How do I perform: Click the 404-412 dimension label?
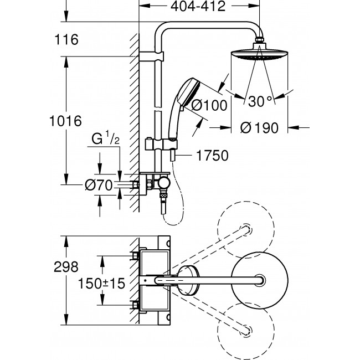(198, 6)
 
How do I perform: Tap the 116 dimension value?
(66, 39)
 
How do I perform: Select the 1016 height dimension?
(66, 121)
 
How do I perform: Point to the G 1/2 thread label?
(105, 138)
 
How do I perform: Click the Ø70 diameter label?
(99, 185)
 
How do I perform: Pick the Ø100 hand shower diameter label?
(209, 105)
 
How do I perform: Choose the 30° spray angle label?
(260, 101)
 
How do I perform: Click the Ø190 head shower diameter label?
(259, 128)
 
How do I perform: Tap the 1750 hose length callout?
(212, 156)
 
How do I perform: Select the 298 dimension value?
(66, 267)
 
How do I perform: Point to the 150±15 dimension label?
(101, 284)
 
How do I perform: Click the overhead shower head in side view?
(259, 55)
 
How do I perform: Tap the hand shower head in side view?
(188, 92)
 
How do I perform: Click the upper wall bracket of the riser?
(152, 56)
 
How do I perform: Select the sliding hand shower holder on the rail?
(161, 144)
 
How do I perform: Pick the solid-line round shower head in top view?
(259, 281)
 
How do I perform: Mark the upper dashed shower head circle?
(246, 230)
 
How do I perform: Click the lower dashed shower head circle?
(246, 331)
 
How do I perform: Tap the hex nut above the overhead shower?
(259, 40)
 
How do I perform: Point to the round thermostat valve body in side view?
(164, 183)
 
